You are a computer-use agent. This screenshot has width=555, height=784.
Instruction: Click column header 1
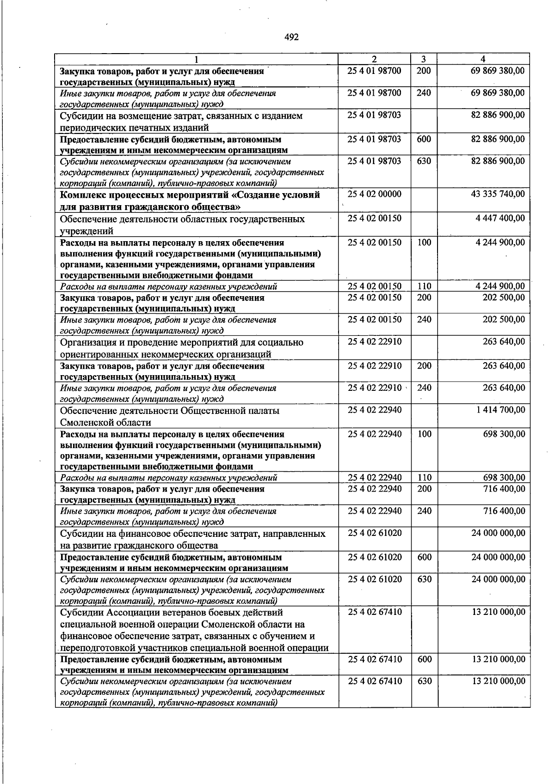(x=197, y=59)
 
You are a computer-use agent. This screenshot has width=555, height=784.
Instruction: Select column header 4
(x=483, y=59)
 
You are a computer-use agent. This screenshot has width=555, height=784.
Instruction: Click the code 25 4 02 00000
(x=375, y=194)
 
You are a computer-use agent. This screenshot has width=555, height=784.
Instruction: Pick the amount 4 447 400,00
(x=500, y=218)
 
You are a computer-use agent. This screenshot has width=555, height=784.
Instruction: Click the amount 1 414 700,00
(x=500, y=410)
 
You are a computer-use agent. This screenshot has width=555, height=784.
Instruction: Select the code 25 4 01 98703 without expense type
(x=375, y=115)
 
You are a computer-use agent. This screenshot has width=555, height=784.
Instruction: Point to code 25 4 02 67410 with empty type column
(x=375, y=612)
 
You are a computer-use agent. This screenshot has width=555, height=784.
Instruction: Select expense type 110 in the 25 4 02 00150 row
(x=424, y=286)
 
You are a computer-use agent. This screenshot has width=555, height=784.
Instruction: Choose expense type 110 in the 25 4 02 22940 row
(x=424, y=478)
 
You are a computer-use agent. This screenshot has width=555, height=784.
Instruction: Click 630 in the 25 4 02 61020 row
(x=424, y=579)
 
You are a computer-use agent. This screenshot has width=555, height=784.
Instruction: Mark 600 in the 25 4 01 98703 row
(x=424, y=139)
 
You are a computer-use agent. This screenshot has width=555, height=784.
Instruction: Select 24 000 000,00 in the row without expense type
(x=498, y=533)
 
